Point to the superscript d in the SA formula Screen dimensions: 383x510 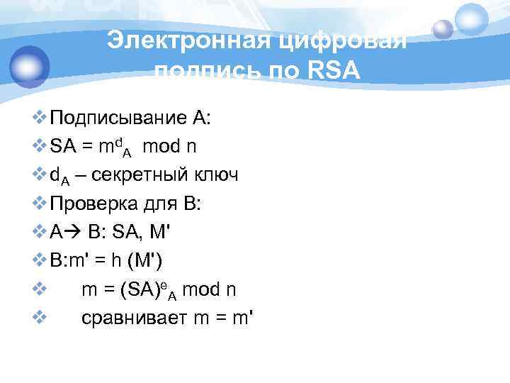(118, 141)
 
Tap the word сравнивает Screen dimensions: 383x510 (135, 318)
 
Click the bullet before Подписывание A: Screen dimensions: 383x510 (40, 118)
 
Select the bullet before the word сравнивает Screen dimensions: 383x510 (40, 318)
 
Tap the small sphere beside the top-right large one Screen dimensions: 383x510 (443, 28)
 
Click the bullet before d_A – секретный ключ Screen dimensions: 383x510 (40, 174)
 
